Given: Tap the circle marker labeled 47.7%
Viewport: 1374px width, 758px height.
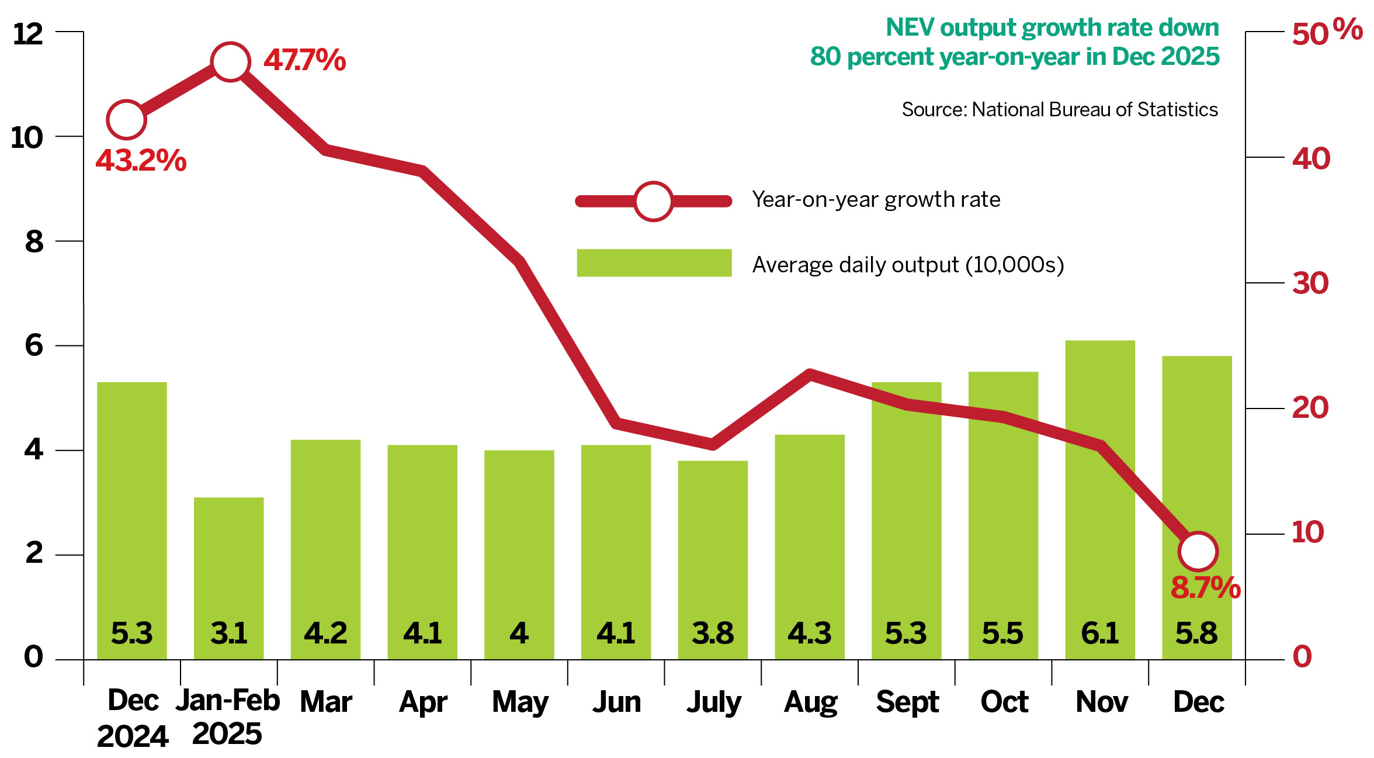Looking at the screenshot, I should (x=230, y=62).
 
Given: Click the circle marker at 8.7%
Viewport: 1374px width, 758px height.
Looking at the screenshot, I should (x=1198, y=551).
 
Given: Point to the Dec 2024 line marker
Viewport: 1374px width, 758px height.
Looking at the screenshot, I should (x=126, y=120).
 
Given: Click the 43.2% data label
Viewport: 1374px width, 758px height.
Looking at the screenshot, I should (x=141, y=160).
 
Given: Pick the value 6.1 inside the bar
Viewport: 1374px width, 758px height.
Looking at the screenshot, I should (x=1099, y=634).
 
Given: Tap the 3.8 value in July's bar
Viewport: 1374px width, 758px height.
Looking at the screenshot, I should (x=713, y=634).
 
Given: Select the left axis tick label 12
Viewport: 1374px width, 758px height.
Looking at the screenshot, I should (x=28, y=34).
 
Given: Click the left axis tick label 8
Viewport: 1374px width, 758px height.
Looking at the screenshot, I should (x=34, y=241).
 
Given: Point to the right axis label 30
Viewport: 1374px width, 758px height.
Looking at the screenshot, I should (x=1310, y=283).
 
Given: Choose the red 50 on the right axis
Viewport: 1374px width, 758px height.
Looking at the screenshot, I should (x=1310, y=34).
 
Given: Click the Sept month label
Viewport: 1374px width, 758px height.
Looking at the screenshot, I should (x=907, y=702).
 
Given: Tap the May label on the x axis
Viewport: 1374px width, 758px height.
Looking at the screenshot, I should (x=520, y=702).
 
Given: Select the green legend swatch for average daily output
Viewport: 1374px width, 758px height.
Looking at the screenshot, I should (x=654, y=263).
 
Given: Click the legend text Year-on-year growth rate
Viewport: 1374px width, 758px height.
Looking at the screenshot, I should (x=876, y=200).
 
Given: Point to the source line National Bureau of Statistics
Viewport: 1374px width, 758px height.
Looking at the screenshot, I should (x=1060, y=110).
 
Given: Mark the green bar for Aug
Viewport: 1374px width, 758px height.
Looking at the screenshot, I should (x=809, y=544).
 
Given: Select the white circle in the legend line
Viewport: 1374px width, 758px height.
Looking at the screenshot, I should (x=653, y=202).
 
